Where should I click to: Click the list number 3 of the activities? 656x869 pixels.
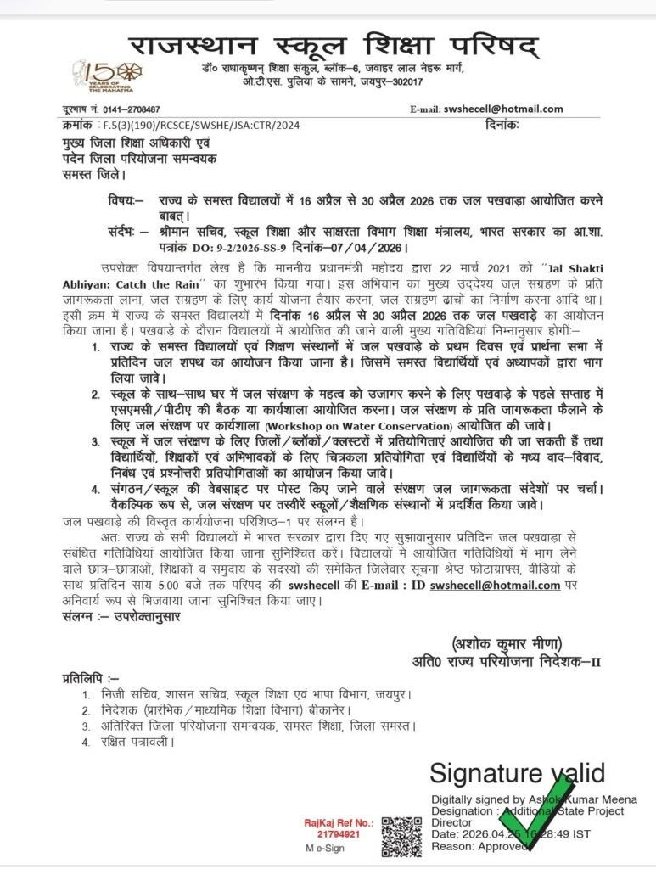click(x=97, y=443)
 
